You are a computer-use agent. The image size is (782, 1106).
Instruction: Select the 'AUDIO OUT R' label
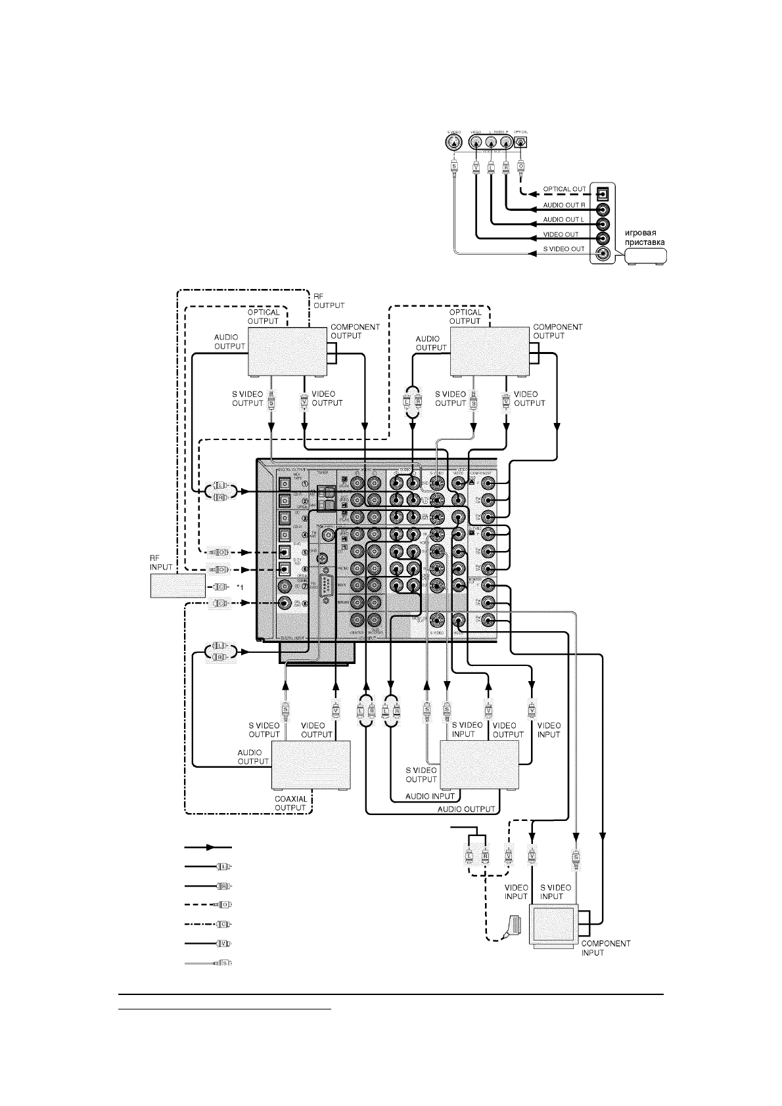coord(564,205)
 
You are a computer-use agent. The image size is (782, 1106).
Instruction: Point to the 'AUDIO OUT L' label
coord(564,219)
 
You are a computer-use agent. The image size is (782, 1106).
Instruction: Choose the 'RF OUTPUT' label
coord(329,301)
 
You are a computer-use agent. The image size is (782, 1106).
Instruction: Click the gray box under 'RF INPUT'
coord(177,585)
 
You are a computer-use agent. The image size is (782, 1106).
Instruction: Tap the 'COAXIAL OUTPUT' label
coord(290,804)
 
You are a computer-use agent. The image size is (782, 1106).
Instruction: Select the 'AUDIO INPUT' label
coord(430,796)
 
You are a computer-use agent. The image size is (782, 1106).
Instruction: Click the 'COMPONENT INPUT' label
coord(605,948)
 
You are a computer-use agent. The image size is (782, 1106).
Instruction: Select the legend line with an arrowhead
coord(208,848)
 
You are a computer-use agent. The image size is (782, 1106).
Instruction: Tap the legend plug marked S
coord(223,963)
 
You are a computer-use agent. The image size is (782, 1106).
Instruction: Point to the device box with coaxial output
coord(311,765)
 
